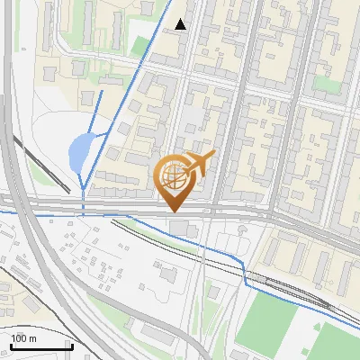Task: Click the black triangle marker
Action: [182, 24]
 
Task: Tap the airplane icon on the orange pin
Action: [199, 163]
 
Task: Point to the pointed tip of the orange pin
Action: [174, 211]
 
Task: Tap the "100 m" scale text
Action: [23, 338]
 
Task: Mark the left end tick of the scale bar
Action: [10, 345]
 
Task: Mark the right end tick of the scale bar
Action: [72, 345]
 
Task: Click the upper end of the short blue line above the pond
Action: [101, 90]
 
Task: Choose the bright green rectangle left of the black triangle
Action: [140, 44]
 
